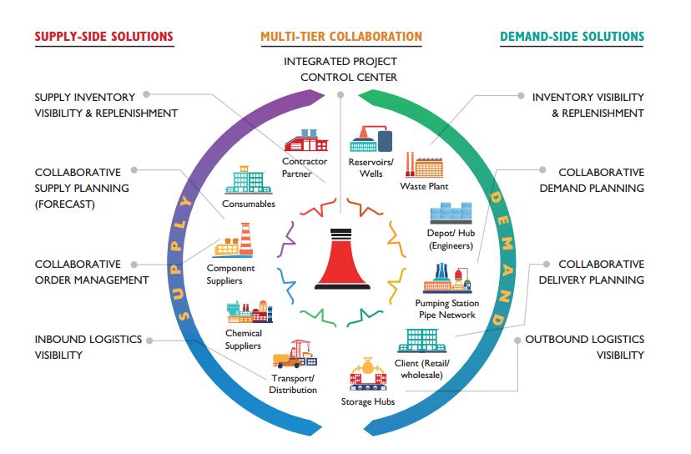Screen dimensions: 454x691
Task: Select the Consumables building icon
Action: click(248, 180)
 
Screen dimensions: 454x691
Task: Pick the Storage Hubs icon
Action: click(367, 376)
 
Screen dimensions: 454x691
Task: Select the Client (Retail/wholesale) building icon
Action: click(422, 340)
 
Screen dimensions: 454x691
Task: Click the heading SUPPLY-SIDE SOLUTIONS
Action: click(104, 37)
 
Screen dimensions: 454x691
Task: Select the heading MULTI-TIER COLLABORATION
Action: click(341, 37)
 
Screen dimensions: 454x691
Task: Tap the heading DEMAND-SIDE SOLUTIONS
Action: click(572, 37)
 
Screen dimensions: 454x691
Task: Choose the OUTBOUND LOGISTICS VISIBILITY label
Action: click(584, 347)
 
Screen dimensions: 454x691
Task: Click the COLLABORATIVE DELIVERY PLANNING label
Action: click(589, 272)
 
